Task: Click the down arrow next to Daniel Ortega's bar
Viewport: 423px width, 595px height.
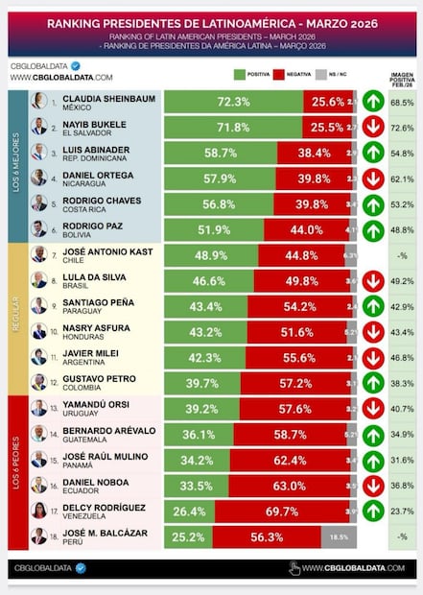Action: point(373,178)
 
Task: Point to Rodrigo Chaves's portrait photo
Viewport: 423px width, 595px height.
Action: point(37,202)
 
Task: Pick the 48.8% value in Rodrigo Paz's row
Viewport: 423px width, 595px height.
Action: point(405,229)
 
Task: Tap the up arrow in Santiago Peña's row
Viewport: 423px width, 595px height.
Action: point(373,306)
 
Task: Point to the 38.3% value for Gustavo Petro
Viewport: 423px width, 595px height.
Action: point(405,383)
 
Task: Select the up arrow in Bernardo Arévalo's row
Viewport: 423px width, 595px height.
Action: point(373,434)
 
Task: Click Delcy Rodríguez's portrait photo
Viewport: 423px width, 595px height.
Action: point(37,510)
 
